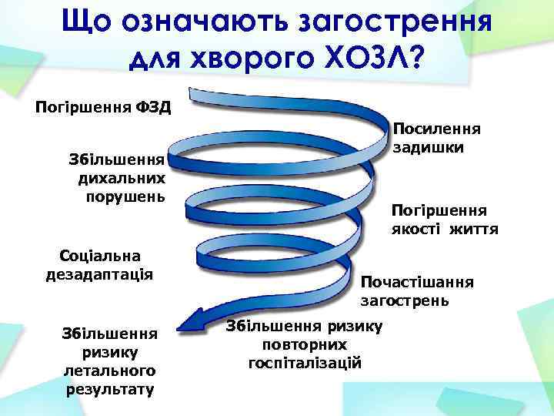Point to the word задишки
[x=427, y=146]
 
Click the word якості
[x=416, y=229]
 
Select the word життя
[x=474, y=229]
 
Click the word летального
[x=109, y=371]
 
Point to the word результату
[x=109, y=388]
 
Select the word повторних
[x=304, y=344]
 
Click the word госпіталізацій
[x=304, y=361]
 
